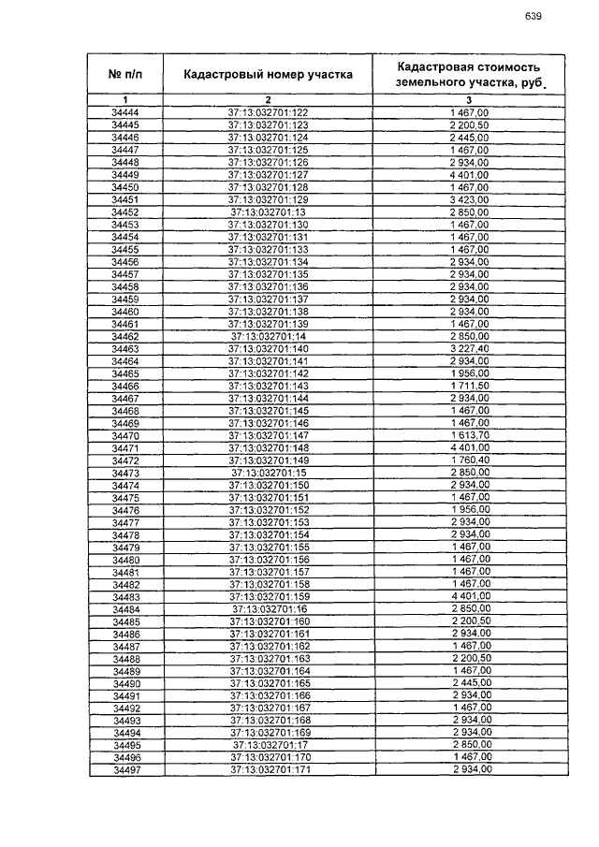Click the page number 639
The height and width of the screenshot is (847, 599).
[534, 16]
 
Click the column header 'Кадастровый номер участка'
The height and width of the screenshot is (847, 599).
[268, 75]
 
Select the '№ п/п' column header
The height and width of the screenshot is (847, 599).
[125, 75]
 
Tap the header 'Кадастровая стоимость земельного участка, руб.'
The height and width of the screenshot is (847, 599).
[469, 75]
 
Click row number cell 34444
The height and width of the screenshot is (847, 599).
[125, 113]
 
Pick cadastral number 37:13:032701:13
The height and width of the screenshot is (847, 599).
[268, 212]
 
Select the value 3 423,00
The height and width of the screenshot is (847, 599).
[469, 200]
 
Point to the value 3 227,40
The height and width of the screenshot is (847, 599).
[469, 349]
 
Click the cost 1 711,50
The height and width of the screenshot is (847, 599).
[469, 386]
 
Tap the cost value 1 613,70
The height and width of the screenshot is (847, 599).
[469, 435]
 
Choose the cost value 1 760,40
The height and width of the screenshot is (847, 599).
[469, 460]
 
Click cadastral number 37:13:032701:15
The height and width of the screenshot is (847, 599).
[268, 473]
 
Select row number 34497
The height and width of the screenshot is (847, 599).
[125, 769]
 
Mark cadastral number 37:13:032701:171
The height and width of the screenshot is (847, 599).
[268, 769]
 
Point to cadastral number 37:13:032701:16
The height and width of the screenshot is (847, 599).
[268, 608]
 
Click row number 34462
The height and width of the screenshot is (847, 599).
[125, 336]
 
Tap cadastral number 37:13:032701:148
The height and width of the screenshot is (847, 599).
[268, 448]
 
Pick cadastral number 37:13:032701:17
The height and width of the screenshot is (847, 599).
[268, 745]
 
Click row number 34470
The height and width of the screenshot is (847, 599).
[125, 435]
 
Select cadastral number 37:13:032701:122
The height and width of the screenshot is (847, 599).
[268, 113]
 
